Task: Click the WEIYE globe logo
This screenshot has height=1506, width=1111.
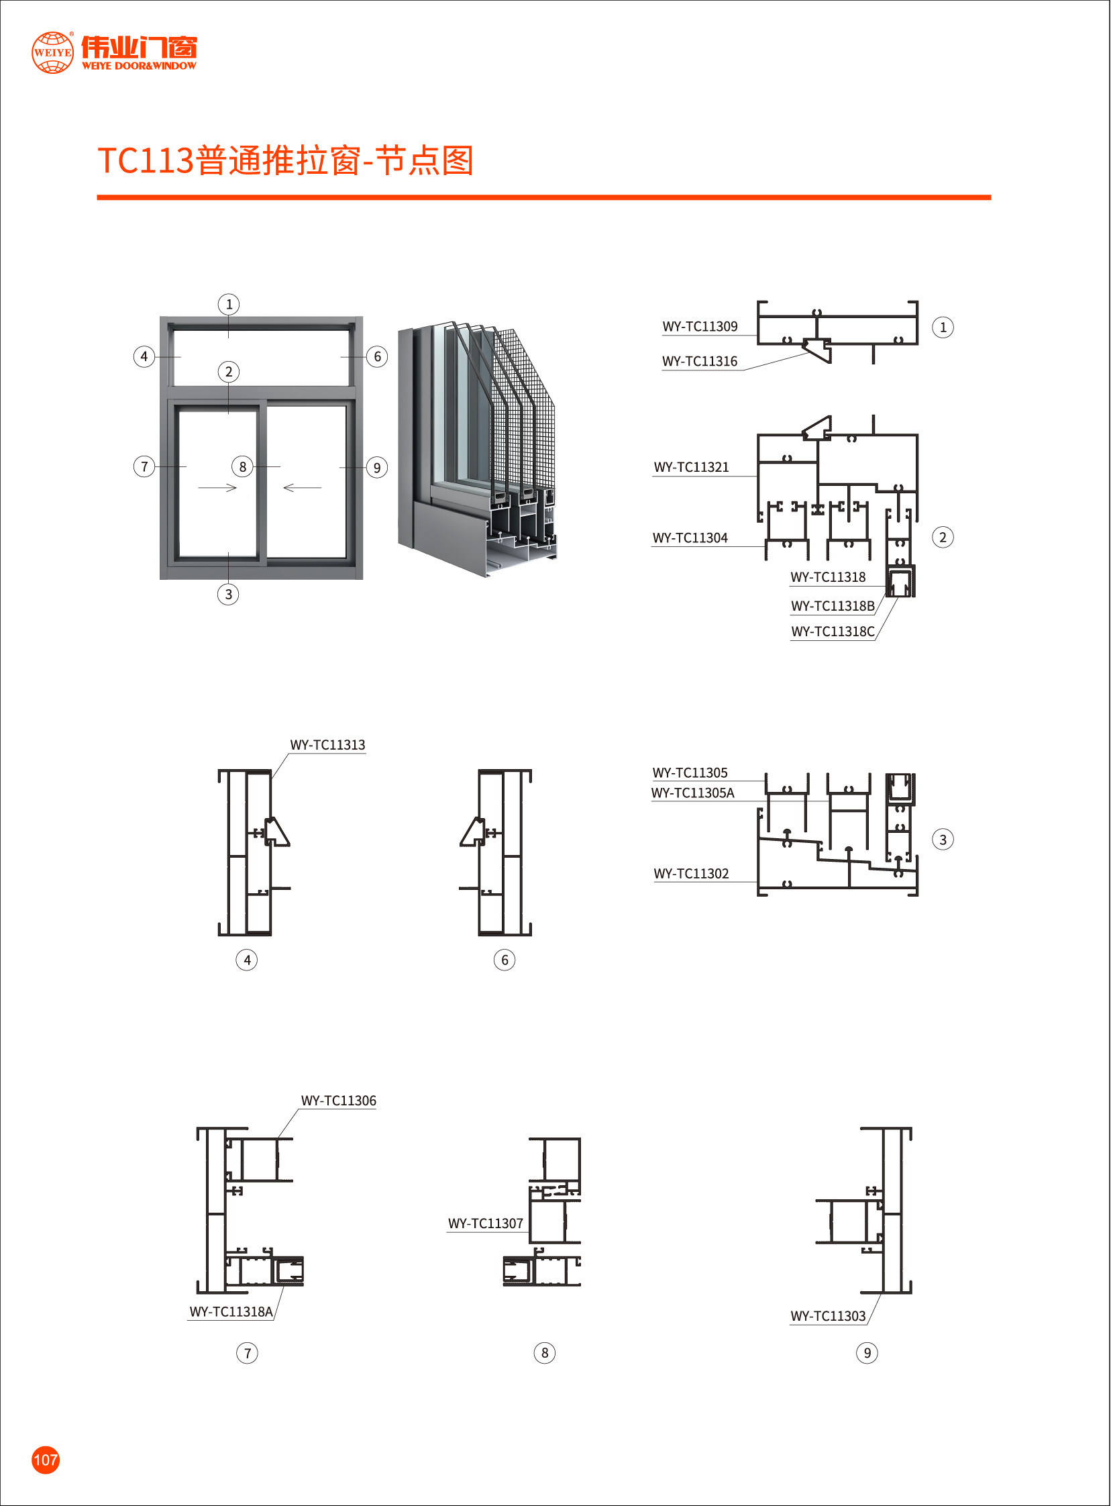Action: pyautogui.click(x=52, y=52)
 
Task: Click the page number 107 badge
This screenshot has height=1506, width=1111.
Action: pyautogui.click(x=45, y=1459)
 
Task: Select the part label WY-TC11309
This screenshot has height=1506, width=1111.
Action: pyautogui.click(x=700, y=327)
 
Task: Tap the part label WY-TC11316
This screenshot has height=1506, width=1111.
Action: pyautogui.click(x=700, y=362)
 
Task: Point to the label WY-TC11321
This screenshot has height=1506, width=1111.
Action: pyautogui.click(x=691, y=468)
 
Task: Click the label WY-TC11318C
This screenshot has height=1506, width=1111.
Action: pyautogui.click(x=833, y=632)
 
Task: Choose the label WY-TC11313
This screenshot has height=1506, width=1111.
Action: pyautogui.click(x=327, y=745)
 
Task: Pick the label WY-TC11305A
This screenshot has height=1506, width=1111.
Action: pyautogui.click(x=692, y=793)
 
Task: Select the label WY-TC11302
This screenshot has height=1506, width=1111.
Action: pyautogui.click(x=691, y=874)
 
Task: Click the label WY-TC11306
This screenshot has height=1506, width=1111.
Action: pyautogui.click(x=338, y=1101)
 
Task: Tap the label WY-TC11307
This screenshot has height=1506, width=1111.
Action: pyautogui.click(x=486, y=1223)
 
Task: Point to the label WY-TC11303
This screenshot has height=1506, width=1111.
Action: pyautogui.click(x=828, y=1316)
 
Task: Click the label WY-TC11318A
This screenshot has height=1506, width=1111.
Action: pyautogui.click(x=231, y=1311)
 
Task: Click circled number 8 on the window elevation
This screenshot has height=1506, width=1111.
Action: pyautogui.click(x=242, y=467)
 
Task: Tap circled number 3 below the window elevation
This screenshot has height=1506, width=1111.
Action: pyautogui.click(x=228, y=595)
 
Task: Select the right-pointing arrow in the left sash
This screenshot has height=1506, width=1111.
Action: pyautogui.click(x=217, y=488)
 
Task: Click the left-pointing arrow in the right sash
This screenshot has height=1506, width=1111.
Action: pyautogui.click(x=303, y=488)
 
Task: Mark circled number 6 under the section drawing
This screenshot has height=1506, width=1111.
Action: pyautogui.click(x=505, y=960)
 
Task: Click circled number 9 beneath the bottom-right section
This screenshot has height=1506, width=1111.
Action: pyautogui.click(x=867, y=1352)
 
